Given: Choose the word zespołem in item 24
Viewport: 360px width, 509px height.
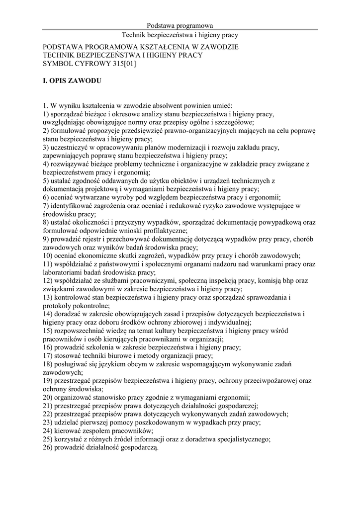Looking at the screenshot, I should [x=100, y=431].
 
